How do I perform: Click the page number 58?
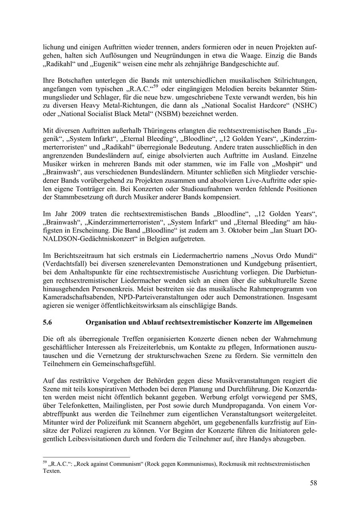click(313, 483)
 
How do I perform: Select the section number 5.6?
click(48, 322)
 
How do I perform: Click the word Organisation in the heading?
click(105, 322)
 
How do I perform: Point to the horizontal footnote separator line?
click(86, 457)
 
